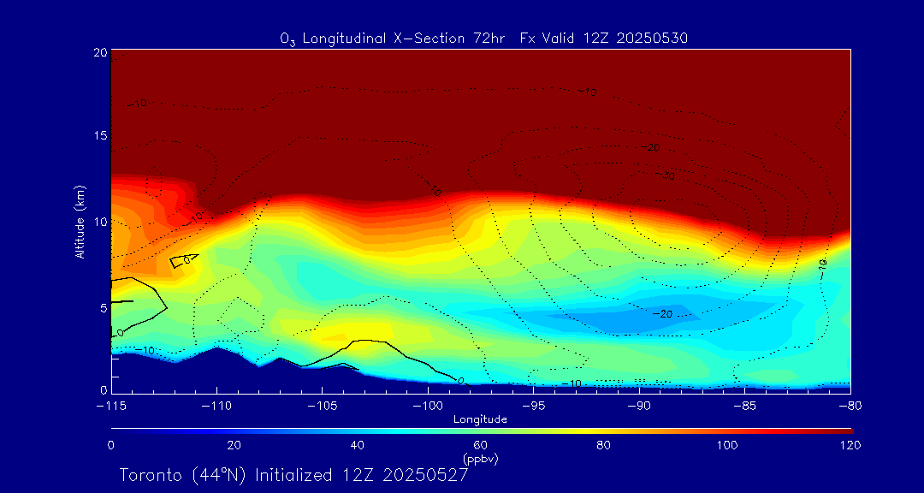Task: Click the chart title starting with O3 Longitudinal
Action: click(483, 38)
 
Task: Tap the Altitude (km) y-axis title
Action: click(80, 222)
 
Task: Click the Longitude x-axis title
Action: click(480, 419)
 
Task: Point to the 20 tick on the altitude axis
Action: click(100, 52)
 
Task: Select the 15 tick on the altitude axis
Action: click(100, 136)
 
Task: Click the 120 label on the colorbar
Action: click(850, 445)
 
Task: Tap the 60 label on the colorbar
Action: click(481, 445)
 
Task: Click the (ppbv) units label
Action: click(480, 459)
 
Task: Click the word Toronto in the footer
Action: click(150, 474)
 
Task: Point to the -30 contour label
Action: click(668, 176)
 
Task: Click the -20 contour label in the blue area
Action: click(662, 314)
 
